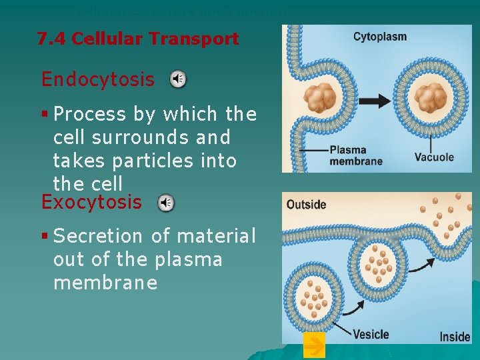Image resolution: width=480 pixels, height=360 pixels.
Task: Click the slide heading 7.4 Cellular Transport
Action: coord(137,39)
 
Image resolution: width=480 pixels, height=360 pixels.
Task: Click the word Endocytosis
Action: coord(97,79)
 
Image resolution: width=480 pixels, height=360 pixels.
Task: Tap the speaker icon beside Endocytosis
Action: coord(178,80)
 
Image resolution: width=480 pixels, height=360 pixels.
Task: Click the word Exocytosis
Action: coord(91,202)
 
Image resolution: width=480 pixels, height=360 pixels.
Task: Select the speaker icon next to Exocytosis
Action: coord(166,203)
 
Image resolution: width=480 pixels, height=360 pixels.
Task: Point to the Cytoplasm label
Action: coord(379,37)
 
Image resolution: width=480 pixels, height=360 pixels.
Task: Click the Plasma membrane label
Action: coord(356,155)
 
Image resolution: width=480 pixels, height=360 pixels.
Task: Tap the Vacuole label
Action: coord(434,158)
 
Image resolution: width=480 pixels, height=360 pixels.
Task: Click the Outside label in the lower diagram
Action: coord(306,205)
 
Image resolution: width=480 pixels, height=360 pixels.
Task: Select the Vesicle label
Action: coord(371,334)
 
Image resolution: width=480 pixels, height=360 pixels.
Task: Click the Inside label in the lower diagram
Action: coord(455,337)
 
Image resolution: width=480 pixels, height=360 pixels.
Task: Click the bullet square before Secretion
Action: coord(45,236)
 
